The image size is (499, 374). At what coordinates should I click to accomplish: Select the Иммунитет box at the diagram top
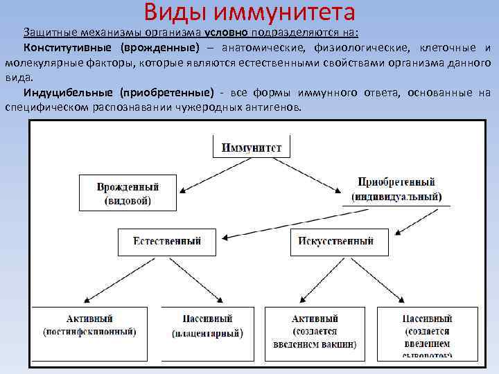click(x=250, y=147)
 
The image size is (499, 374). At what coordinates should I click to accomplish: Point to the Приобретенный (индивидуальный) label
click(x=396, y=188)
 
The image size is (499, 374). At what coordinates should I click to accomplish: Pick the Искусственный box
click(x=336, y=241)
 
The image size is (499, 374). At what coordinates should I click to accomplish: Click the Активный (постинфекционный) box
click(x=90, y=325)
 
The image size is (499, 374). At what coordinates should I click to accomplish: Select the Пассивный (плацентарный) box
click(x=207, y=326)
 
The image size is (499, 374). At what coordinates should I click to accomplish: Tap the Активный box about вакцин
click(x=315, y=330)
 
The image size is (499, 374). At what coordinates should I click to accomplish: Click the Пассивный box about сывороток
click(x=426, y=332)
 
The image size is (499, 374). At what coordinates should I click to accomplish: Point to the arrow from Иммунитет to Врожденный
click(x=198, y=170)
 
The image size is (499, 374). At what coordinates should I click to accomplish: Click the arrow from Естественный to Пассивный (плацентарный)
click(x=198, y=280)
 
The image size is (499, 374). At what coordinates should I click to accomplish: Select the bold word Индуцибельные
click(x=66, y=92)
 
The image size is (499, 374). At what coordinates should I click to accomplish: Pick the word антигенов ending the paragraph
click(x=274, y=107)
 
